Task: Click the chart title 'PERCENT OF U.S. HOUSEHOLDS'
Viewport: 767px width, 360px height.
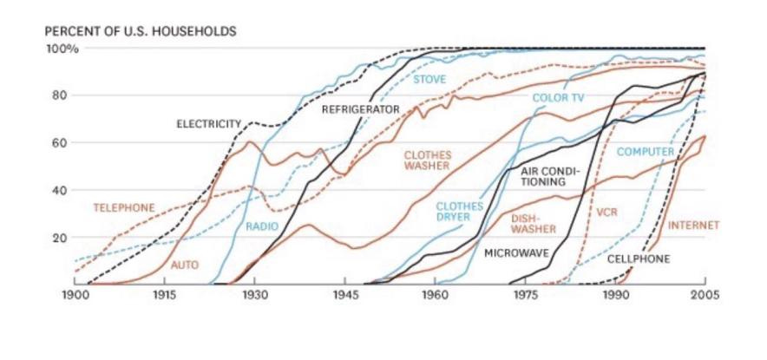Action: pyautogui.click(x=140, y=31)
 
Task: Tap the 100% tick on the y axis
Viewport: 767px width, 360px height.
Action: pyautogui.click(x=62, y=49)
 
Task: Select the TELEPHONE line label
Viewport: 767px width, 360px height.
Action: pyautogui.click(x=124, y=207)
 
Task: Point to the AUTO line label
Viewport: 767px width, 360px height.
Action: pyautogui.click(x=185, y=264)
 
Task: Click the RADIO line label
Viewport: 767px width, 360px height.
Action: pyautogui.click(x=260, y=226)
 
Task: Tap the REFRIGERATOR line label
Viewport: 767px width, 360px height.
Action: pyautogui.click(x=360, y=110)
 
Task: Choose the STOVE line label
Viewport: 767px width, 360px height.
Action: pyautogui.click(x=429, y=79)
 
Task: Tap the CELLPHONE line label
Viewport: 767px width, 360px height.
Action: pyautogui.click(x=638, y=259)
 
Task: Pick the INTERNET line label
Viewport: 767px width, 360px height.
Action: pyautogui.click(x=693, y=225)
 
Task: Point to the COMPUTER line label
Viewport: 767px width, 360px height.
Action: pyautogui.click(x=645, y=153)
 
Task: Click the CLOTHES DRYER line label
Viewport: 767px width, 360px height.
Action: pyautogui.click(x=465, y=212)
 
